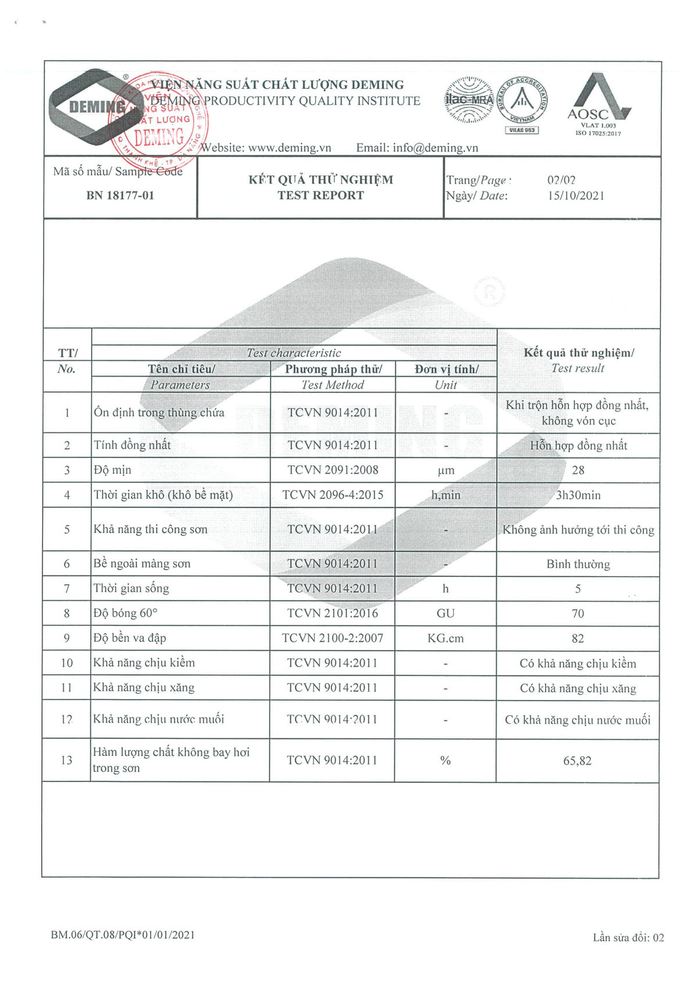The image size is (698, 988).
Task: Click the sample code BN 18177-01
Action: coord(120,196)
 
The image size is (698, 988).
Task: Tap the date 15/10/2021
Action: coord(576,196)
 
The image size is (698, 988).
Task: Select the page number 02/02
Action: coord(561,180)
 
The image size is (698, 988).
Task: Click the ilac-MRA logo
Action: coord(469,100)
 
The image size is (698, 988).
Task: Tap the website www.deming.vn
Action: coord(290,148)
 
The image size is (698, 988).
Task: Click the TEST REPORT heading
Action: coord(320,196)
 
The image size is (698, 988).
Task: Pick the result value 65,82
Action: coord(577,760)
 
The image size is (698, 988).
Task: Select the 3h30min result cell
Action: coord(578,495)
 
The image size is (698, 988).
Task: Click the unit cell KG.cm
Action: coord(446,638)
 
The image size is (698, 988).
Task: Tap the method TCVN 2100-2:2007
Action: coord(333,638)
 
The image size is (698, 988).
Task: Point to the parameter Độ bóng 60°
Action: coord(126,613)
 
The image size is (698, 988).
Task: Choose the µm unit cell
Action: coord(446,470)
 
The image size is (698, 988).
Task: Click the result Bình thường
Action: coord(578,564)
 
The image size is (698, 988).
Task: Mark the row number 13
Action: coord(67,760)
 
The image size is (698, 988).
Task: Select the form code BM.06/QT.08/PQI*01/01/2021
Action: coord(123,935)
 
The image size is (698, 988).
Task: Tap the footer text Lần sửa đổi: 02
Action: coord(628,937)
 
